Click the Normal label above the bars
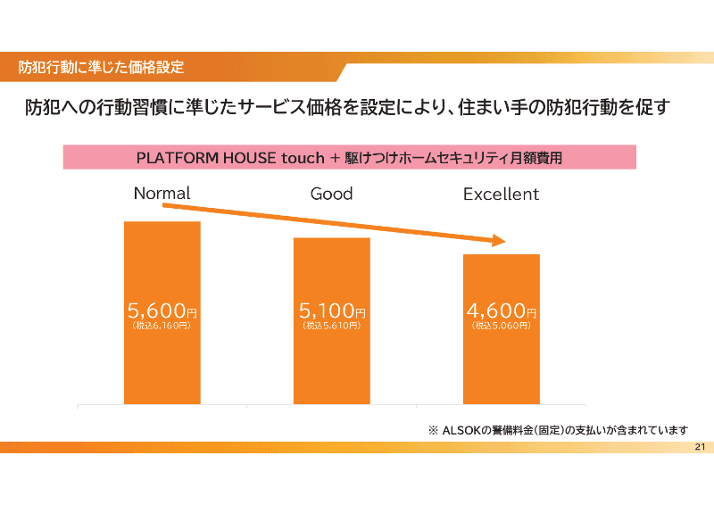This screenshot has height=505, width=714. pos(162,193)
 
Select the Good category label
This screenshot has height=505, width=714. pos(331,194)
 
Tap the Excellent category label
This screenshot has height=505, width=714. pos(501,194)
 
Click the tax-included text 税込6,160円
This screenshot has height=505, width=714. pos(162,327)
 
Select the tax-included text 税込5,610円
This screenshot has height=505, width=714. pos(332,327)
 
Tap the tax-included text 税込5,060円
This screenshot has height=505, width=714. pos(501,327)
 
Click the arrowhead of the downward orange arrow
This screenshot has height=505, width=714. pos(498,241)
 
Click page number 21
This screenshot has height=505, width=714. pos(699,447)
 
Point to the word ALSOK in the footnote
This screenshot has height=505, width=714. pos(462,431)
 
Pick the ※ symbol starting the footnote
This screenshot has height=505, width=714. pos(433,431)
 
